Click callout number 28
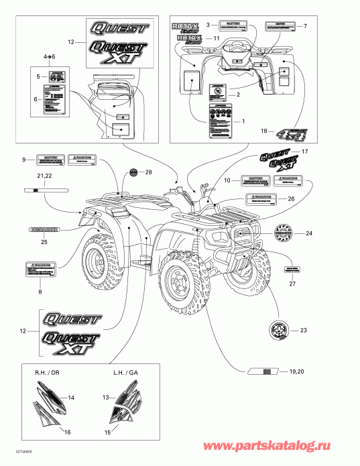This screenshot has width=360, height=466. click(x=148, y=172)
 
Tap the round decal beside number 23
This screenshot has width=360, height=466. click(x=278, y=331)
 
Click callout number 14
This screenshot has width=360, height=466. click(x=72, y=398)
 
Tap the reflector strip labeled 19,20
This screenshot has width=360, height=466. click(x=266, y=370)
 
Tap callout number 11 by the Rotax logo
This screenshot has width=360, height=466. click(x=216, y=40)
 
